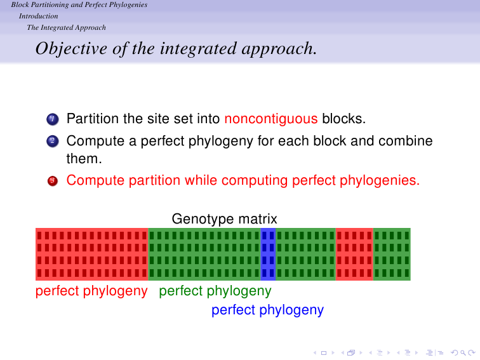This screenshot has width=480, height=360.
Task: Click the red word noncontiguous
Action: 271,119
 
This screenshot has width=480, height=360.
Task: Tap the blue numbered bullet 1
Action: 53,119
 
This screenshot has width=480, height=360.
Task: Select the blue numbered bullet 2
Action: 53,141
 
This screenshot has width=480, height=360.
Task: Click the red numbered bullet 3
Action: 53,180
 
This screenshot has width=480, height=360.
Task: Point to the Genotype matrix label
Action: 224,219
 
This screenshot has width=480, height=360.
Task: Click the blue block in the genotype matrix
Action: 268,254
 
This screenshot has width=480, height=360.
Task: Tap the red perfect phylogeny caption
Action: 91,291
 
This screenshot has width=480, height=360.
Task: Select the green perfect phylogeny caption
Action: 215,291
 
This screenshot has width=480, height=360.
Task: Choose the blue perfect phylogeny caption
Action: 267,310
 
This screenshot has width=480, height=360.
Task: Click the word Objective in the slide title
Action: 71,49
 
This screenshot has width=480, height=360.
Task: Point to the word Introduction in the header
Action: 38,16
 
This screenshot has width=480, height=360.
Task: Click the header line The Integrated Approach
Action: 67,27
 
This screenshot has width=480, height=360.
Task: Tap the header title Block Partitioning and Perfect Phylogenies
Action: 79,4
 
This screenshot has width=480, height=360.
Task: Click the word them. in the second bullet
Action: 84,159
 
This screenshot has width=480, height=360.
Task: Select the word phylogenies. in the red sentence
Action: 380,180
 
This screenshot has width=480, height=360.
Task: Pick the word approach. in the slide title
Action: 279,49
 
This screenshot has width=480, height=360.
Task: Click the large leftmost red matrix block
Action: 92,254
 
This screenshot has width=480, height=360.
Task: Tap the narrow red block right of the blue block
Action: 354,254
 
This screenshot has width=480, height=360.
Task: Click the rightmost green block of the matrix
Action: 392,254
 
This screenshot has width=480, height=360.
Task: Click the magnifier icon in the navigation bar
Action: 463,353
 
